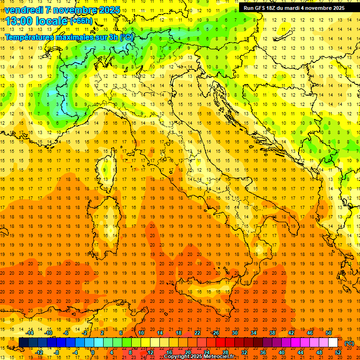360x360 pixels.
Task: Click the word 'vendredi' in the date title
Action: pos(23,9)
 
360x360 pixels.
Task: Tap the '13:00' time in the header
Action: pos(19,21)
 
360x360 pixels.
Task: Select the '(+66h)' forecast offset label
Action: pos(82,21)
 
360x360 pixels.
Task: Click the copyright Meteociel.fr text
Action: pos(202,357)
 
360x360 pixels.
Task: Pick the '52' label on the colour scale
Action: pos(337,352)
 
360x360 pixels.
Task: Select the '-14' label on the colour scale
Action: pos(30,333)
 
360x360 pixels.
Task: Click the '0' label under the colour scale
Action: pos(93,352)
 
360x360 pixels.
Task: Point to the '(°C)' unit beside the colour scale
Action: pos(349,343)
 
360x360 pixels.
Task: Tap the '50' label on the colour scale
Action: pos(328,333)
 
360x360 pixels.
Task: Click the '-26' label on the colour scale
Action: pos(215,333)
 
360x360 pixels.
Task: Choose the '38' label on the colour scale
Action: pos(272,333)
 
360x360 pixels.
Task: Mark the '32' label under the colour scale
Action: pos(244,352)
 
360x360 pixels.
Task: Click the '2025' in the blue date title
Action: pos(106,9)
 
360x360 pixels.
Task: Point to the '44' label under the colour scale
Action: pos(300,352)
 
